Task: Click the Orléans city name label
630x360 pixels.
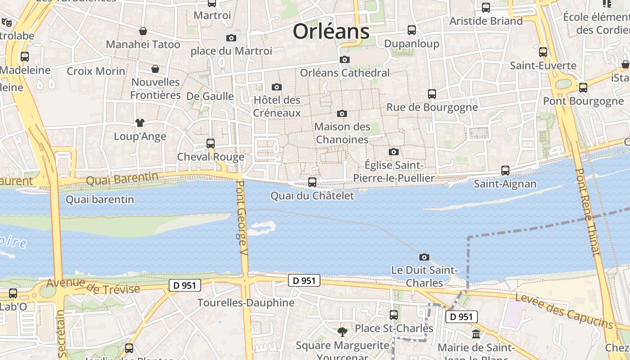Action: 331,31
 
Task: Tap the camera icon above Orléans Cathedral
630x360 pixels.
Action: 345,59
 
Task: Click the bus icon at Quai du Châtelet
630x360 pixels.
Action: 312,182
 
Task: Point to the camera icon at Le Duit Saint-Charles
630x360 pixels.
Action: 424,257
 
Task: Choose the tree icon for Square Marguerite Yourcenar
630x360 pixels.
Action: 342,332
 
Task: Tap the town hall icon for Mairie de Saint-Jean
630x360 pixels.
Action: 476,334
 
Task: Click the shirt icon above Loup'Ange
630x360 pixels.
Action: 140,122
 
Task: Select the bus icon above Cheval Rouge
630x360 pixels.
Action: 210,143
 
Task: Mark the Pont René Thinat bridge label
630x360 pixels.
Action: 588,211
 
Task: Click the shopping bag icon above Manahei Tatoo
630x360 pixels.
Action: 143,31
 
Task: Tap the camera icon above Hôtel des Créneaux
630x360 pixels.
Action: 277,87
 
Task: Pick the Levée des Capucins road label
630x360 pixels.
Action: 564,310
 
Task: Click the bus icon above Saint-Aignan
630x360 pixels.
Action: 505,170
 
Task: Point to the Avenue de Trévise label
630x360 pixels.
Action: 93,286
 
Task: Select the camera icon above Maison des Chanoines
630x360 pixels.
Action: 342,113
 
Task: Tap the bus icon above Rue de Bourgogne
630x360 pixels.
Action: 432,94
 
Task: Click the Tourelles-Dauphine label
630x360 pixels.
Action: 246,303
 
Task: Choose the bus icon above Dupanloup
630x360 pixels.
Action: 412,30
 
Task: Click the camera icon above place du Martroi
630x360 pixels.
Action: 231,38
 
